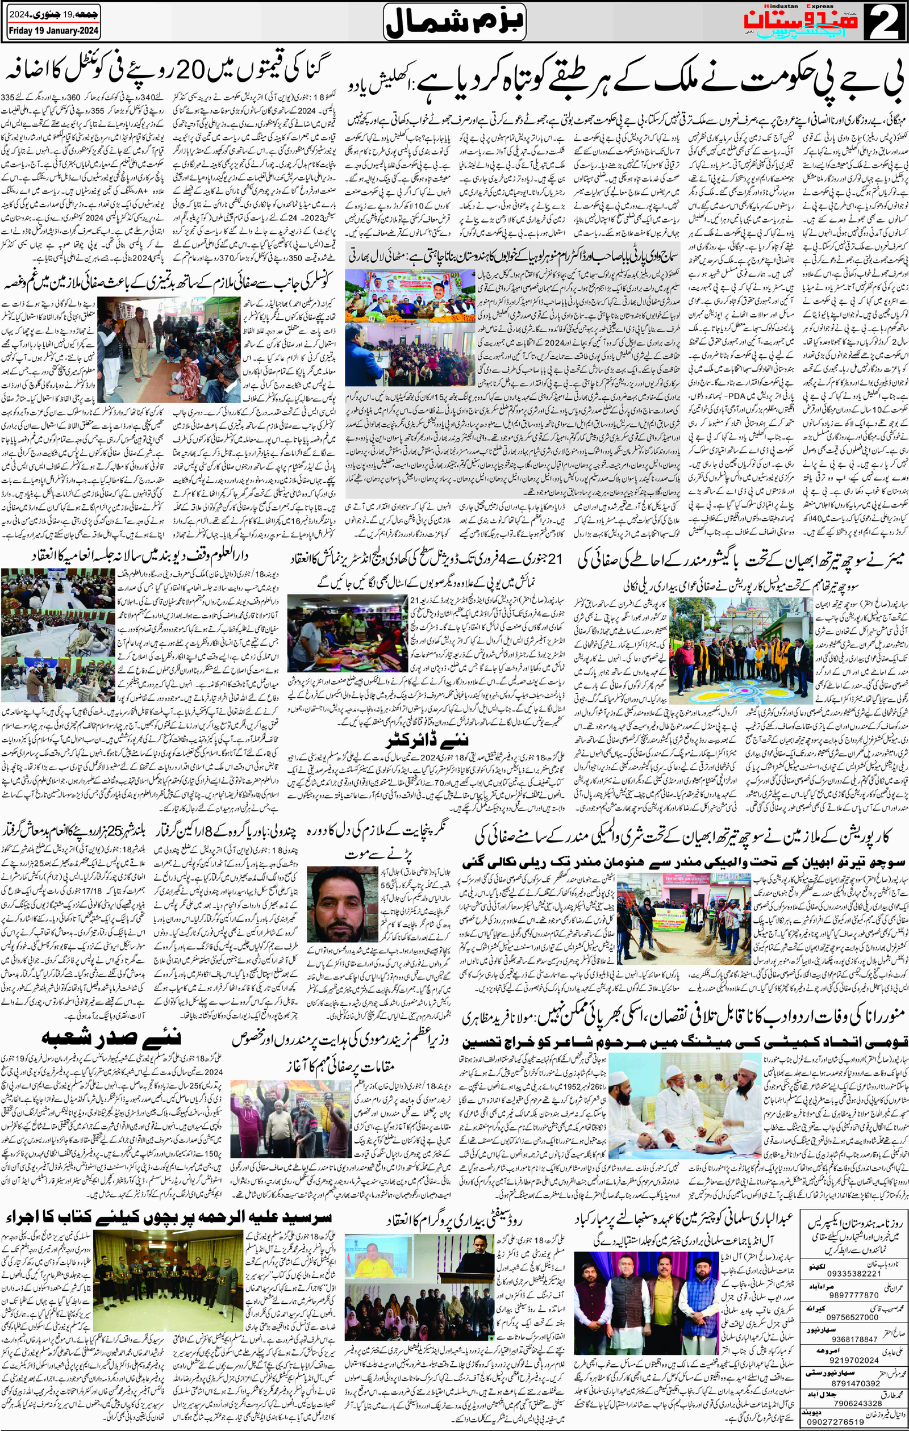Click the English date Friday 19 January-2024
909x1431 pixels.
53,31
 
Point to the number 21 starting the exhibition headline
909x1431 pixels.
554,560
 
